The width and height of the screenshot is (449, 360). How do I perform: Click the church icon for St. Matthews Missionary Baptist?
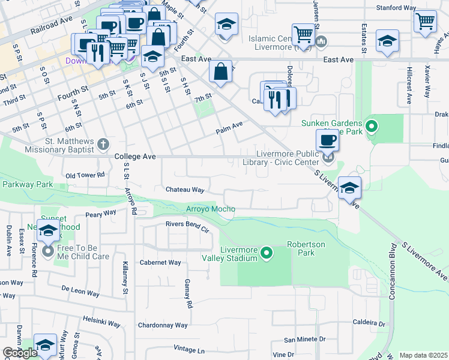tap(103, 144)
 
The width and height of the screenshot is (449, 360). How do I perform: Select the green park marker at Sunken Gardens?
tap(372, 126)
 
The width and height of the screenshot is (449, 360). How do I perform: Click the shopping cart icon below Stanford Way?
tap(425, 21)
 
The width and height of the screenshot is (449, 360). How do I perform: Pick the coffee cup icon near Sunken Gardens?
tap(327, 140)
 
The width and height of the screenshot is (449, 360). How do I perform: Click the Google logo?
tap(20, 353)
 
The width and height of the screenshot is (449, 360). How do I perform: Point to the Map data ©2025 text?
tap(423, 355)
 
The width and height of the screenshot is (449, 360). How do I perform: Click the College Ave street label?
tap(135, 157)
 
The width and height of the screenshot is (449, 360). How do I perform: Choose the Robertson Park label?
tap(306, 248)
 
